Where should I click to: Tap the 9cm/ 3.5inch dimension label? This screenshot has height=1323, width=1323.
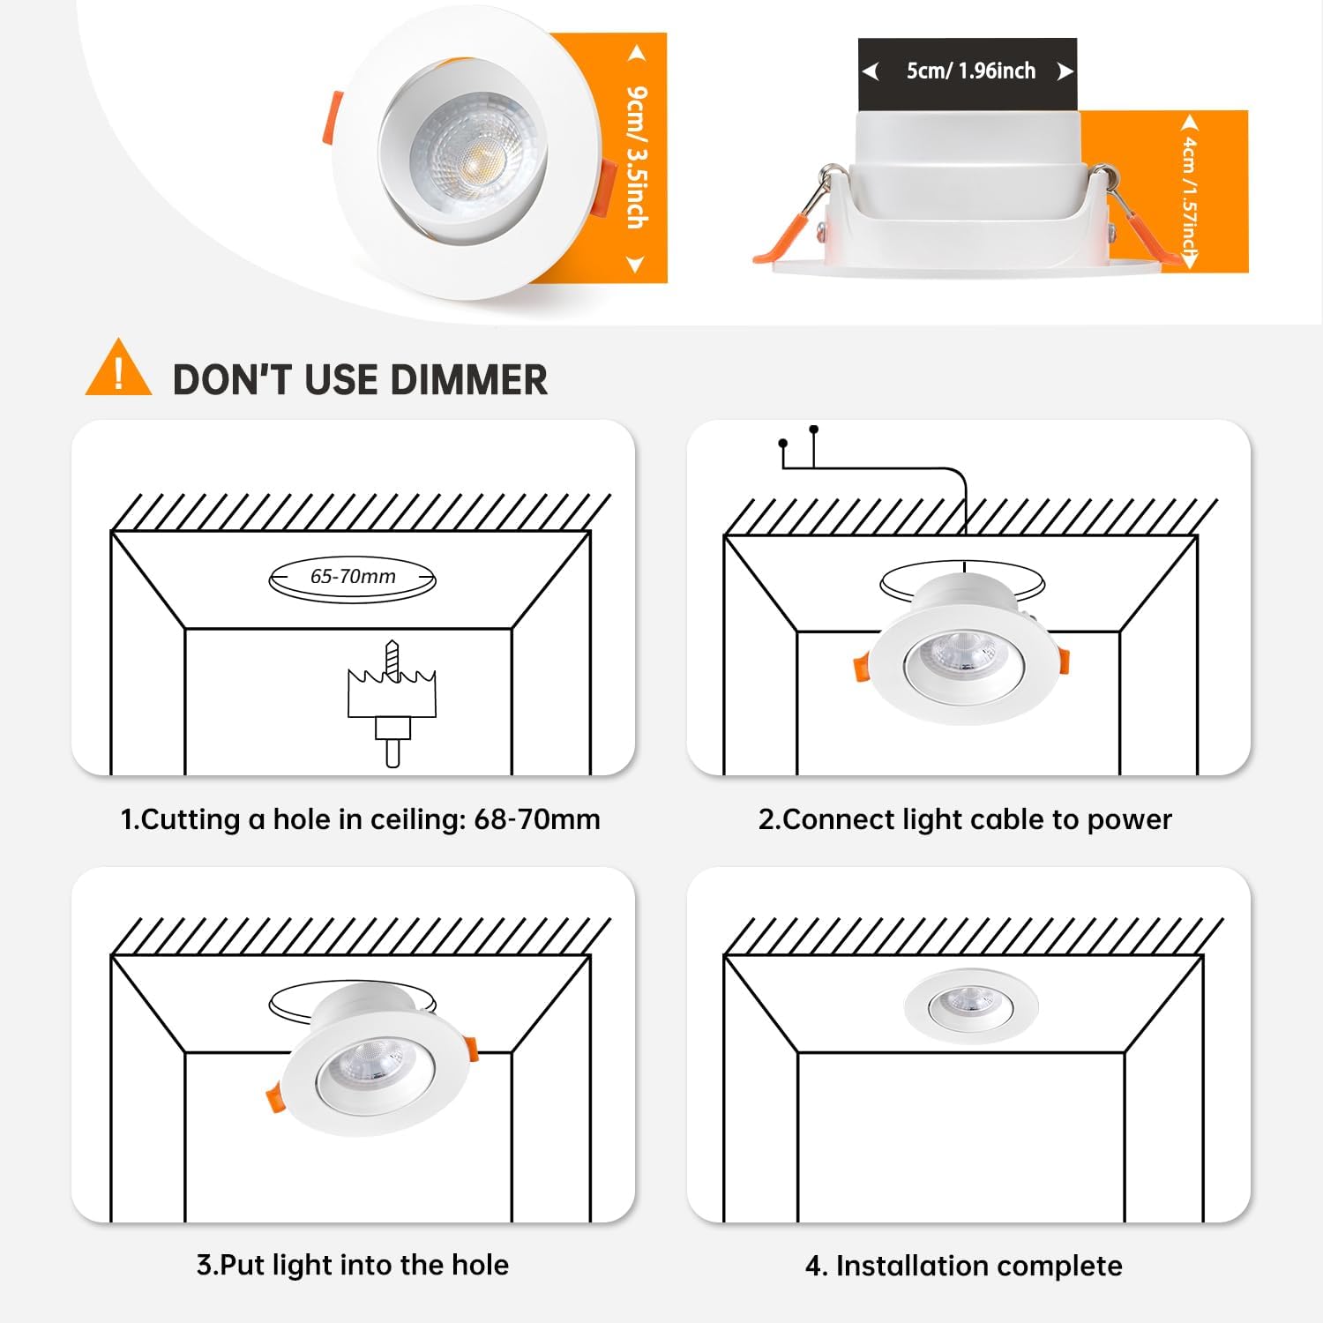point(637,157)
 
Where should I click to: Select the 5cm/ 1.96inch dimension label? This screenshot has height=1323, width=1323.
point(970,71)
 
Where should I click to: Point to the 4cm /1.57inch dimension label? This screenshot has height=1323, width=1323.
point(1190,191)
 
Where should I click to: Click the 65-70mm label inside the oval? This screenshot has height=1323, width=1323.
point(353,577)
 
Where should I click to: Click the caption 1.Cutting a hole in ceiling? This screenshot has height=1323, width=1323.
point(360,819)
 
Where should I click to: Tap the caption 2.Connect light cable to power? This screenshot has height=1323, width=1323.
point(965,819)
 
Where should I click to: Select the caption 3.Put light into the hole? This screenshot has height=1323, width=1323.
point(353,1265)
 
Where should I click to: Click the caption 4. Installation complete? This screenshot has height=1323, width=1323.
point(963,1266)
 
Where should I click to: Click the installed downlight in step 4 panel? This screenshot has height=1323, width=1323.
point(971,1005)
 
